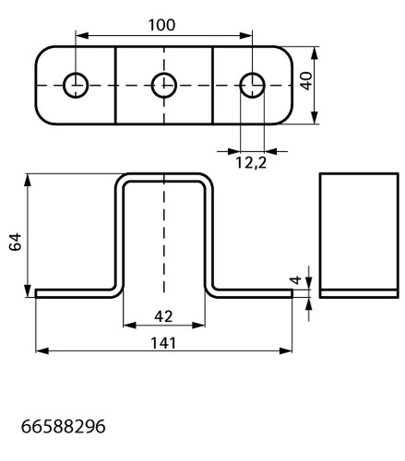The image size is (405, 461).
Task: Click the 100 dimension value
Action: (x=161, y=25)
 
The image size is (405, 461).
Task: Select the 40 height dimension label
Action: (x=306, y=81)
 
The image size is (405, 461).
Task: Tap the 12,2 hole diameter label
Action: (x=251, y=162)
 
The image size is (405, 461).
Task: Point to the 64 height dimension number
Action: (x=15, y=242)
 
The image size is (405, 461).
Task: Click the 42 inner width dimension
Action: (x=163, y=316)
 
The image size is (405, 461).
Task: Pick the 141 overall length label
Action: (x=163, y=343)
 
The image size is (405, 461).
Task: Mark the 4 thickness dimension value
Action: (x=295, y=280)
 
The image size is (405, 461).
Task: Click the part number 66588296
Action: (x=63, y=427)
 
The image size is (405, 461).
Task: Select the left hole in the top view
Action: (x=76, y=85)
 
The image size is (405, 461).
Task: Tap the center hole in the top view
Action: (x=164, y=85)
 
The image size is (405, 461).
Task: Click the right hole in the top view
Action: (x=252, y=85)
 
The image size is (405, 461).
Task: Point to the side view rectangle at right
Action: (x=359, y=235)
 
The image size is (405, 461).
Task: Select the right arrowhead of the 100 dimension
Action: (x=245, y=36)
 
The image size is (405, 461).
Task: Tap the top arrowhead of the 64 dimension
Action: (x=28, y=180)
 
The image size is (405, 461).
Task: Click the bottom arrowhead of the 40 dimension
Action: (x=315, y=118)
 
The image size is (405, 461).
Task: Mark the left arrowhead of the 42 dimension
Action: (x=129, y=325)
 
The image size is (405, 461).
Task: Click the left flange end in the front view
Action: (x=36, y=293)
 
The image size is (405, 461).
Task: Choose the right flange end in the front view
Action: (x=292, y=293)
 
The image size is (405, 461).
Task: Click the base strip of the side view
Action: (x=359, y=294)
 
